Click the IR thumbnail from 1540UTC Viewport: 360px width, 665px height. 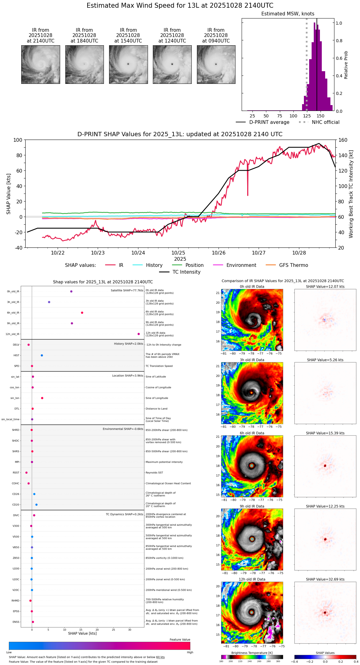[x=128, y=64]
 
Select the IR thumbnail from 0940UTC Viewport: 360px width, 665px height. [x=216, y=64]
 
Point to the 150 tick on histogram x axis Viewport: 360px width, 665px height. [x=321, y=116]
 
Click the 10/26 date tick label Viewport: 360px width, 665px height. [x=219, y=253]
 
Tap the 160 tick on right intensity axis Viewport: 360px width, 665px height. [x=343, y=140]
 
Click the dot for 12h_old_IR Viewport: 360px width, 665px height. [x=139, y=334]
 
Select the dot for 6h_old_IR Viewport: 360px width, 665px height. [x=82, y=313]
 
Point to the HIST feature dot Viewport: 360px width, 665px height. [x=42, y=355]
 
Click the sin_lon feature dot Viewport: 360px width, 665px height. [x=42, y=398]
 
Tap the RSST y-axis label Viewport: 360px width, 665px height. [x=16, y=473]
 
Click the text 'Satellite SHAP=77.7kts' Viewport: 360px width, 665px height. [x=127, y=290]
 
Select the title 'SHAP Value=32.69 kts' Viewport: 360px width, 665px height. [x=325, y=579]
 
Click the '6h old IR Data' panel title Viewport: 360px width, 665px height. [x=252, y=433]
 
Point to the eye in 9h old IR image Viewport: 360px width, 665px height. [x=252, y=539]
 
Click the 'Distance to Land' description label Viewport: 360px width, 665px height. [x=156, y=409]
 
